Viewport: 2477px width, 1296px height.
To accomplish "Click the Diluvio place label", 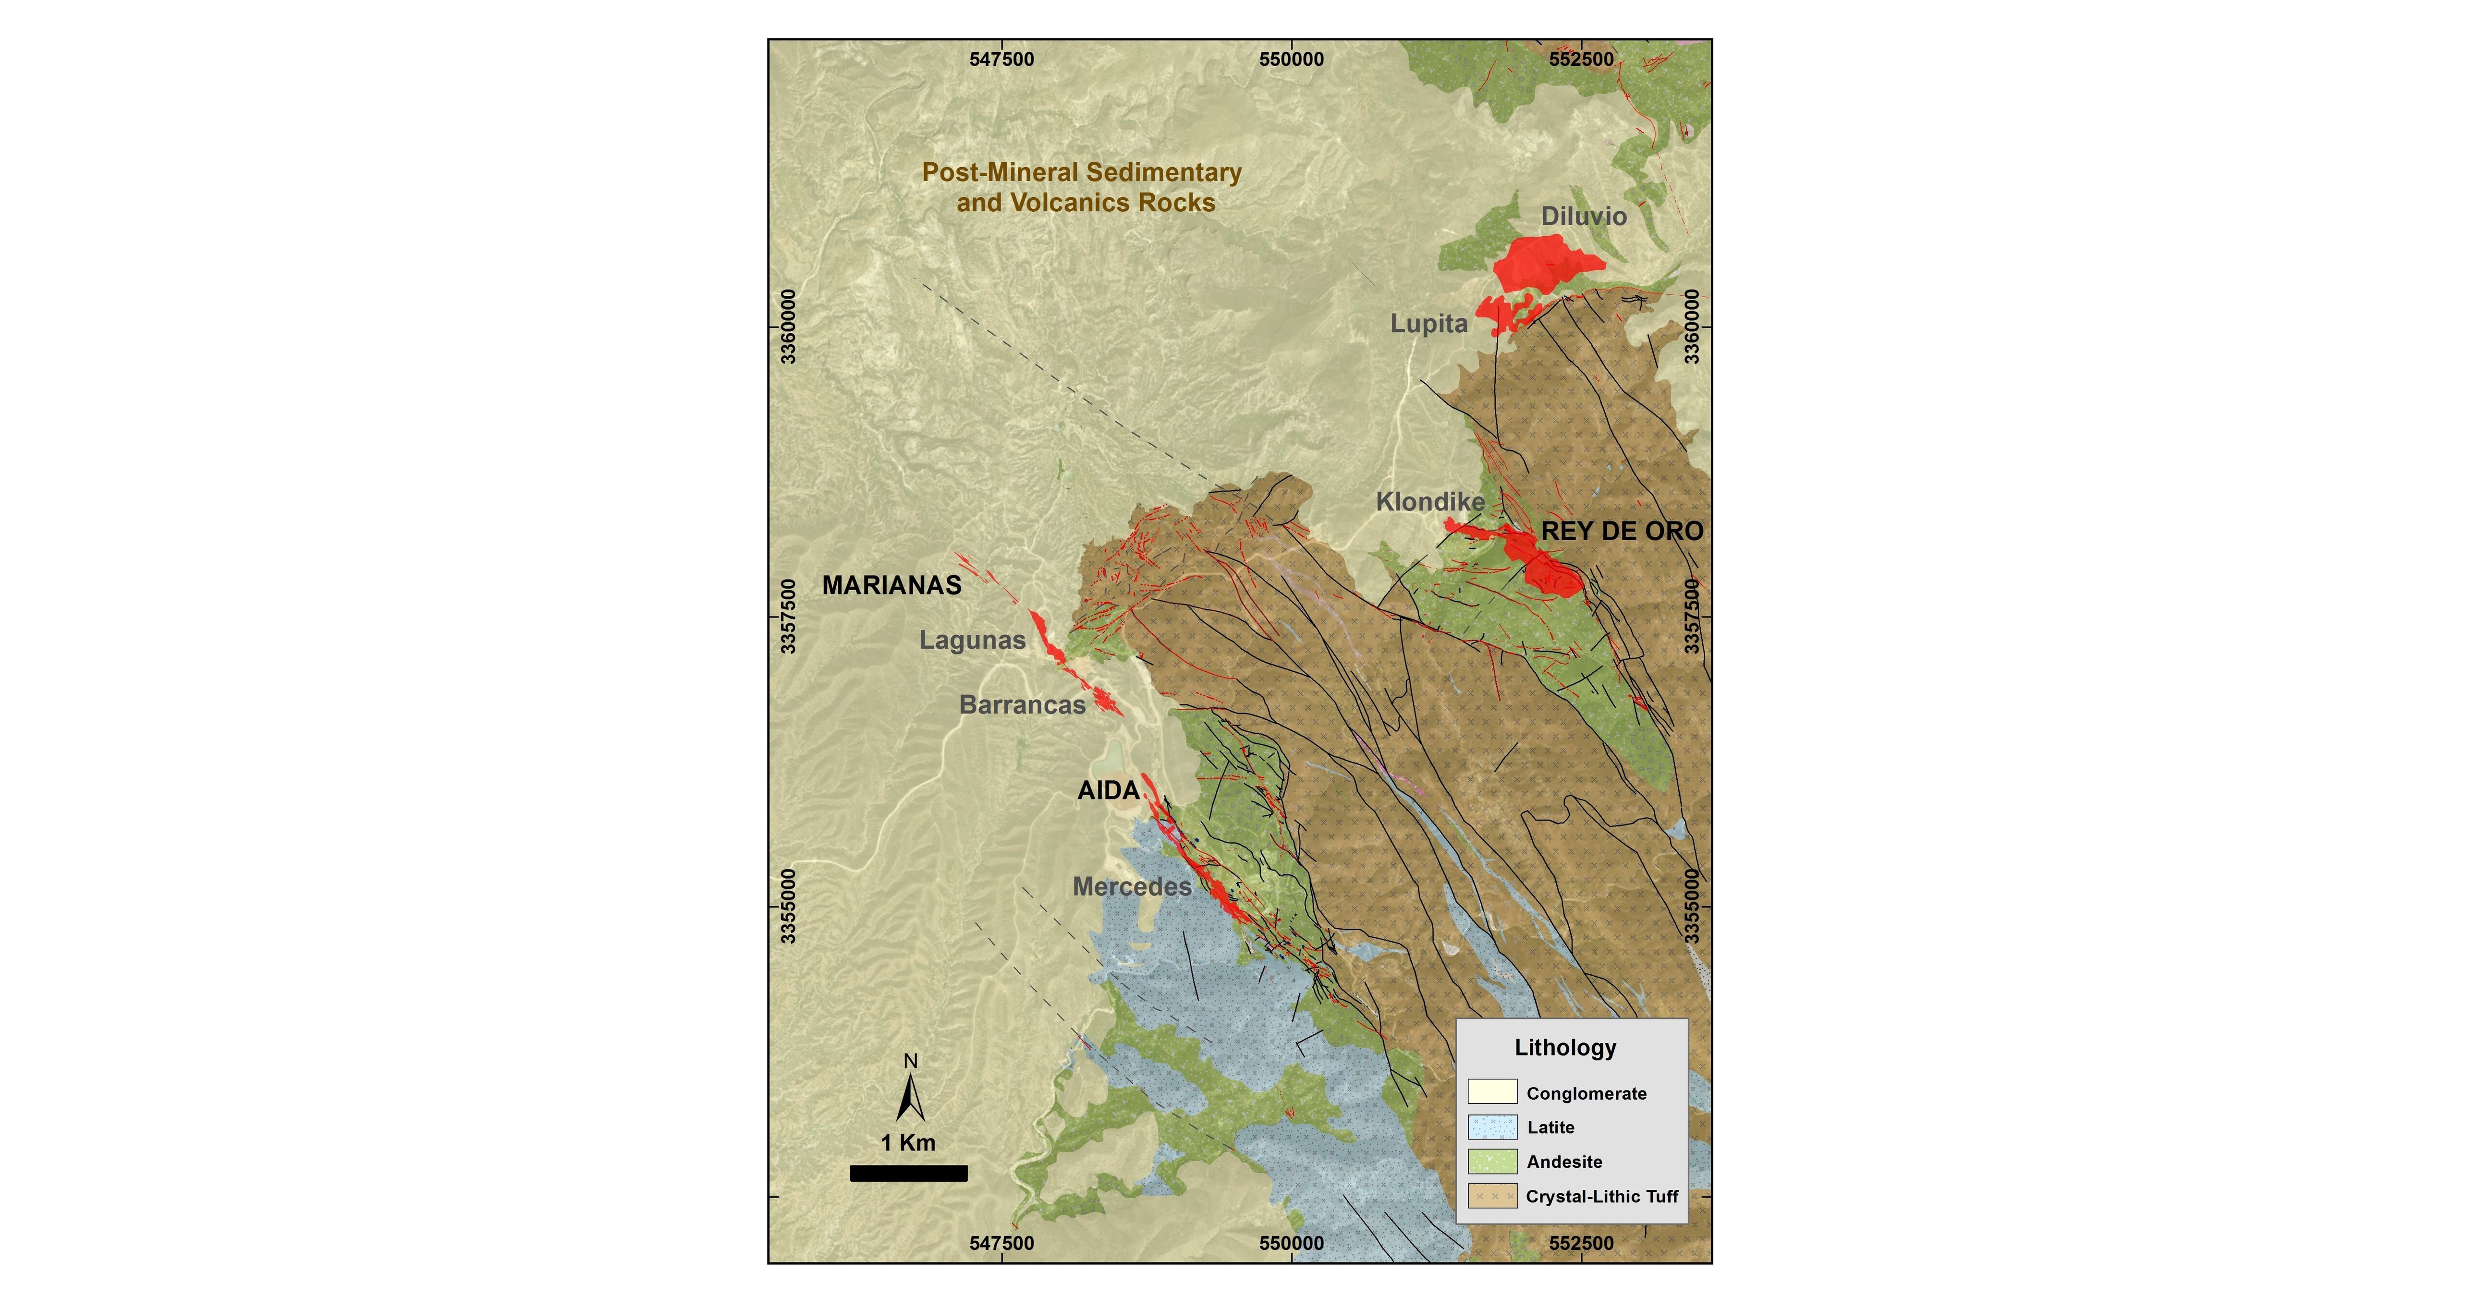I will [x=1584, y=217].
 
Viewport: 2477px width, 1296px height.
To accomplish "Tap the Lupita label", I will [x=1429, y=324].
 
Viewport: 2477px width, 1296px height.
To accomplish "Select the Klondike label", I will [x=1430, y=502].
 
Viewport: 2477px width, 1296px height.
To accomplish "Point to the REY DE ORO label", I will [x=1622, y=531].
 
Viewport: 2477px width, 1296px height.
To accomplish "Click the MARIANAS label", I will [x=891, y=585].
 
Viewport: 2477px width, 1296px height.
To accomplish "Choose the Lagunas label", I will [x=972, y=640].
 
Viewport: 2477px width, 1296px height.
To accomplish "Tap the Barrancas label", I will [x=1022, y=705].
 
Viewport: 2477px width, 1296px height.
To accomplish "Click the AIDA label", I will [x=1108, y=790].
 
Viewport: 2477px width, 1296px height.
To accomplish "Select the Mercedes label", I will [x=1132, y=886].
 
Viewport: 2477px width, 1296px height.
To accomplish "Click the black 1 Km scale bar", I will [x=909, y=1173].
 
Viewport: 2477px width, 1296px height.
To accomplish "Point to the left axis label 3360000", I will [x=789, y=327].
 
